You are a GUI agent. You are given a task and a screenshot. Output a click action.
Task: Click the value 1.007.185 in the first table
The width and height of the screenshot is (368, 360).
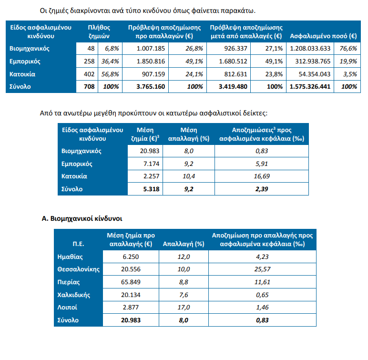pyautogui.click(x=151, y=48)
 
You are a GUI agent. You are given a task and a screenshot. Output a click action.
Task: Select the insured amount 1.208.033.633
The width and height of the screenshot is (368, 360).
pyautogui.click(x=311, y=48)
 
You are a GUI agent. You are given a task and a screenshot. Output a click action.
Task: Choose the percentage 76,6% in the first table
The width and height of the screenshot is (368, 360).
pyautogui.click(x=348, y=48)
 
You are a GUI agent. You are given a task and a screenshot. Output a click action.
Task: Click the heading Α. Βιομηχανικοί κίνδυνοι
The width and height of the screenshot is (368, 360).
pyautogui.click(x=82, y=219)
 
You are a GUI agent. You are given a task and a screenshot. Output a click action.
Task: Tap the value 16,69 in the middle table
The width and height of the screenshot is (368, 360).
pyautogui.click(x=262, y=176)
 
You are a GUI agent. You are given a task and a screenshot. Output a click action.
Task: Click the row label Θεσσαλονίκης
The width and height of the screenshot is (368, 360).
pyautogui.click(x=78, y=269)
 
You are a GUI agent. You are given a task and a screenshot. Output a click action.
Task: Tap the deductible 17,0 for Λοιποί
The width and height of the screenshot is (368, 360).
pyautogui.click(x=184, y=308)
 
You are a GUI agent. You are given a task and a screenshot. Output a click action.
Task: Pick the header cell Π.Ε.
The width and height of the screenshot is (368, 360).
pyautogui.click(x=79, y=244)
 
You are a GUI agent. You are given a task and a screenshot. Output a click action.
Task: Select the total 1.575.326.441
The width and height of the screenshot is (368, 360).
pyautogui.click(x=310, y=87)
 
